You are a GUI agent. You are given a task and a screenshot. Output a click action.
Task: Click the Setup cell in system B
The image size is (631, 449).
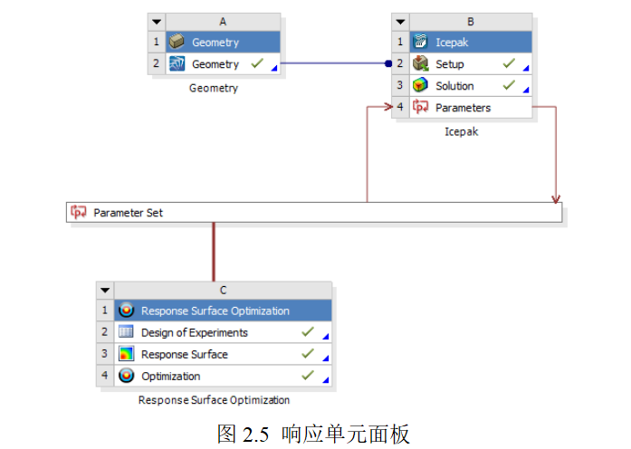pos(450,64)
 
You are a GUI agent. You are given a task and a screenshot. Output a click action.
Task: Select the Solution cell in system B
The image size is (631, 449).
pos(454,86)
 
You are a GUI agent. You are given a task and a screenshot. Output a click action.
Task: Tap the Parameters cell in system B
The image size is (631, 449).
pos(463,108)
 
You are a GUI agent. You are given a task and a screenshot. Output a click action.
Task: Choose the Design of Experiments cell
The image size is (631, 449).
pos(194,332)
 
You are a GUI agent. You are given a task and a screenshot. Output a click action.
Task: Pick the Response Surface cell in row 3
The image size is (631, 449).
pos(184,354)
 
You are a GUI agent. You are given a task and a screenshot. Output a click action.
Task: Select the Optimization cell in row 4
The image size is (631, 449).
pos(170,376)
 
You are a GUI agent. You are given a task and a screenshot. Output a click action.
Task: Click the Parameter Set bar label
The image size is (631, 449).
pos(129,213)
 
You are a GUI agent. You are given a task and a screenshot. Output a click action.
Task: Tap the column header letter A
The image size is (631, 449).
pos(223,21)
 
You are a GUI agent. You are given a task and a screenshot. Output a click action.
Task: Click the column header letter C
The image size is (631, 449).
pos(223,290)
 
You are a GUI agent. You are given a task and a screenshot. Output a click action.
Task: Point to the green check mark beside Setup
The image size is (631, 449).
pos(509,63)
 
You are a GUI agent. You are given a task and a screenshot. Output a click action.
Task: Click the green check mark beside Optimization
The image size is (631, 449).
pos(308,375)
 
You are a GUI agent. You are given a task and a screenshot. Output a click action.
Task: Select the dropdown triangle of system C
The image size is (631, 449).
pos(106,290)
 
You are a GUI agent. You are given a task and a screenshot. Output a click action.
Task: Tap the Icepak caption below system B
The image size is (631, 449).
pos(461,131)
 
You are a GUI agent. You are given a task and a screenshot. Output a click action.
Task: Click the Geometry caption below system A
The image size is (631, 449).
pos(214,88)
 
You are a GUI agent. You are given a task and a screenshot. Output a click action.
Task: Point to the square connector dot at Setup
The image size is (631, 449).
pos(388,64)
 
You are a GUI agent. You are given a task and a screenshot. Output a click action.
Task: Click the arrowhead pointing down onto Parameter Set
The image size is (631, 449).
pos(556,198)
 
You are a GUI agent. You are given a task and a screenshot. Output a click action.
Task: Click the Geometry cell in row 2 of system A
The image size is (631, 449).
pos(215,64)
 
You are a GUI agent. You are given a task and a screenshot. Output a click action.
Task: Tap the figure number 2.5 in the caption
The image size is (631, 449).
pos(256,434)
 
